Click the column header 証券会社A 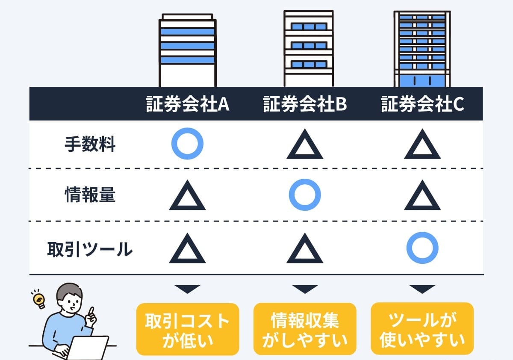[187, 104]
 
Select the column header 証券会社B [305, 104]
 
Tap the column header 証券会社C [422, 104]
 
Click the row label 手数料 [90, 144]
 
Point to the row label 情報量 [90, 195]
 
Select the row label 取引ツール [90, 249]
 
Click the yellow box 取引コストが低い [188, 329]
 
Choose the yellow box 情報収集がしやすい [305, 329]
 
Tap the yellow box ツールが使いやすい [422, 328]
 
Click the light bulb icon [39, 300]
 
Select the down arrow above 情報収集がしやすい [305, 289]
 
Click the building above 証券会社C [422, 49]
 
